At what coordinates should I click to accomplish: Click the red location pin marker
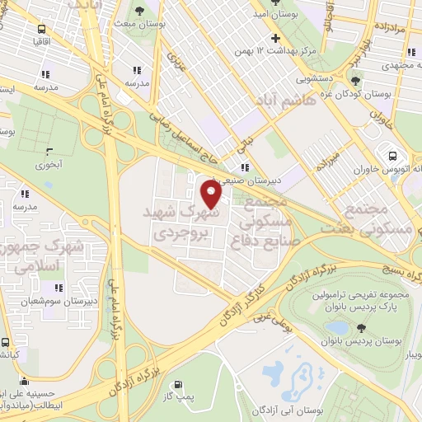pyautogui.click(x=212, y=195)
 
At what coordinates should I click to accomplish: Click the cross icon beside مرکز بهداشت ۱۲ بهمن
pyautogui.click(x=276, y=39)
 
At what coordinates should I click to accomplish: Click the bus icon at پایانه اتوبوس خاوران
pyautogui.click(x=392, y=154)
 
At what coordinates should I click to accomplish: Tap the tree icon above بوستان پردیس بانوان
pyautogui.click(x=361, y=327)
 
